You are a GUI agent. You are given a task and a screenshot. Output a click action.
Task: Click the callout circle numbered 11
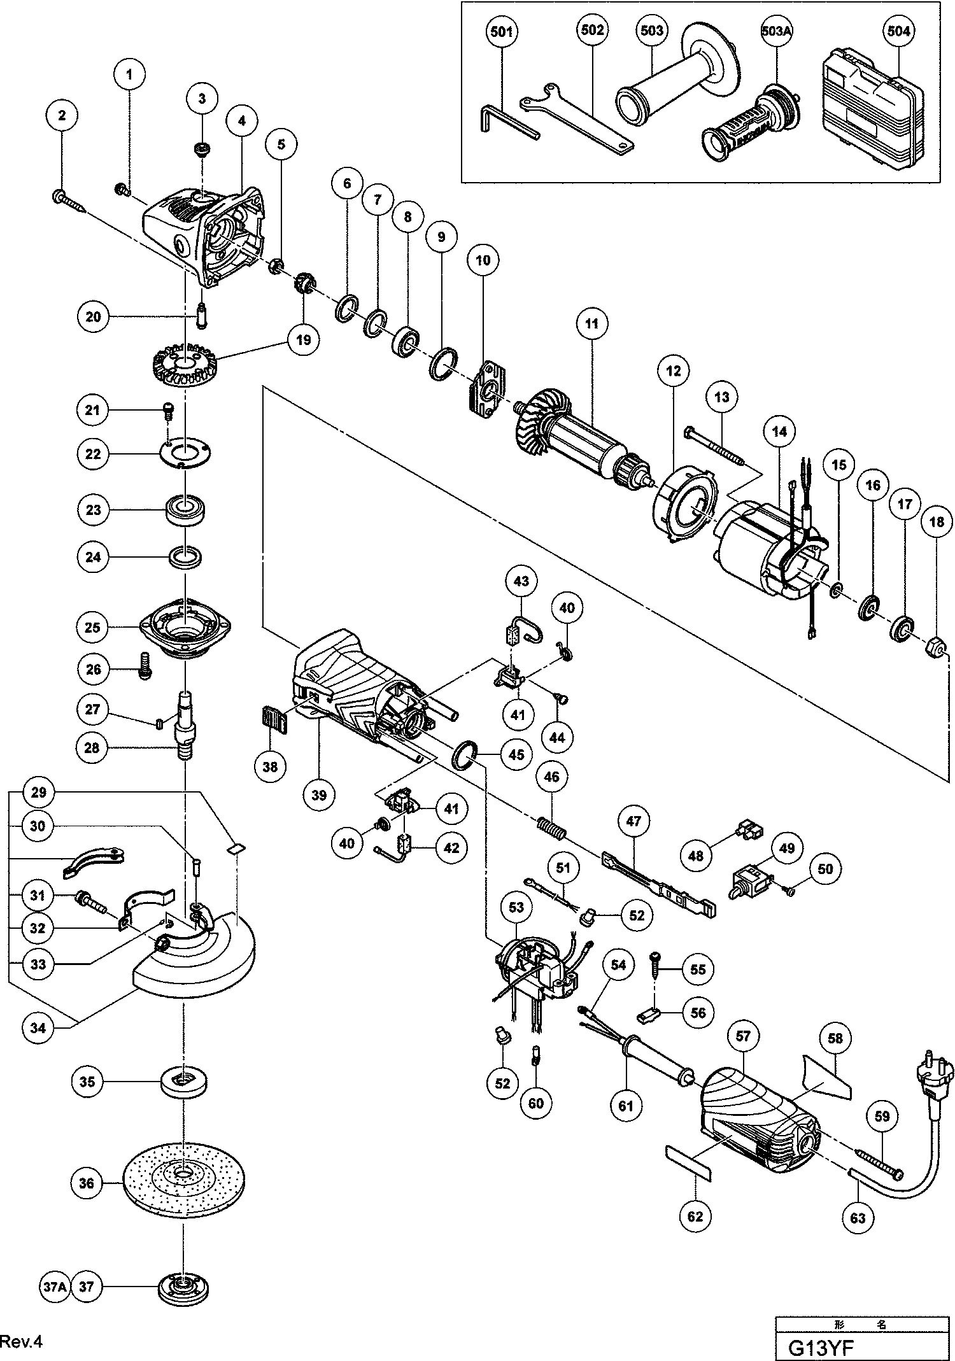(x=592, y=323)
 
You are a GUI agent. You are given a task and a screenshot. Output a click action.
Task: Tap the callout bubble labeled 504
(x=898, y=31)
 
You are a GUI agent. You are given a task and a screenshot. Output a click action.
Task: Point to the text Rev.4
(x=21, y=1341)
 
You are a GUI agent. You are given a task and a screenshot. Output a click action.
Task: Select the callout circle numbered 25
(x=92, y=627)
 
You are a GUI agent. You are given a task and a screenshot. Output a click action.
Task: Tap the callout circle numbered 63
(x=858, y=1217)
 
